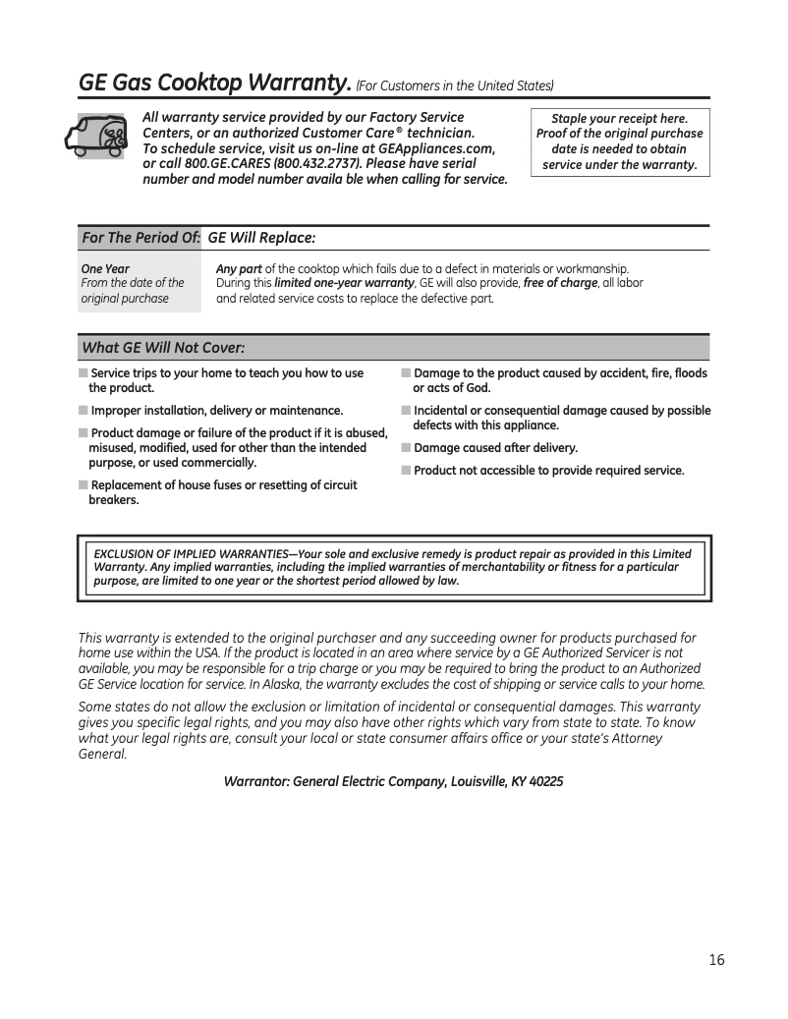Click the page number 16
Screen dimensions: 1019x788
(x=716, y=959)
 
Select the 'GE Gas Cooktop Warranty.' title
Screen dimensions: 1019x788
(x=213, y=84)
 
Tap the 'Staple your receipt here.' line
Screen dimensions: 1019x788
(x=619, y=118)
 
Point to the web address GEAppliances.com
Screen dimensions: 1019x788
(x=436, y=148)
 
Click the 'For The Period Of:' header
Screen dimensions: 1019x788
(x=141, y=239)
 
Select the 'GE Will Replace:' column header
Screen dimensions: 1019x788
(x=261, y=239)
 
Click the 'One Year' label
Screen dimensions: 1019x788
(x=105, y=268)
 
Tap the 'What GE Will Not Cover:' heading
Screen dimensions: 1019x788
(x=162, y=348)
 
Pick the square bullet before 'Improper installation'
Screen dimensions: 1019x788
(x=83, y=411)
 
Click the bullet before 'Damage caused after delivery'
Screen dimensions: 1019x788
(x=406, y=448)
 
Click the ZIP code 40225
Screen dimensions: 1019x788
(x=545, y=782)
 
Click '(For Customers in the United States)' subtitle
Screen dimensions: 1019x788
(x=455, y=85)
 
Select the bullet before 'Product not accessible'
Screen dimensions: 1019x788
(x=406, y=471)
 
